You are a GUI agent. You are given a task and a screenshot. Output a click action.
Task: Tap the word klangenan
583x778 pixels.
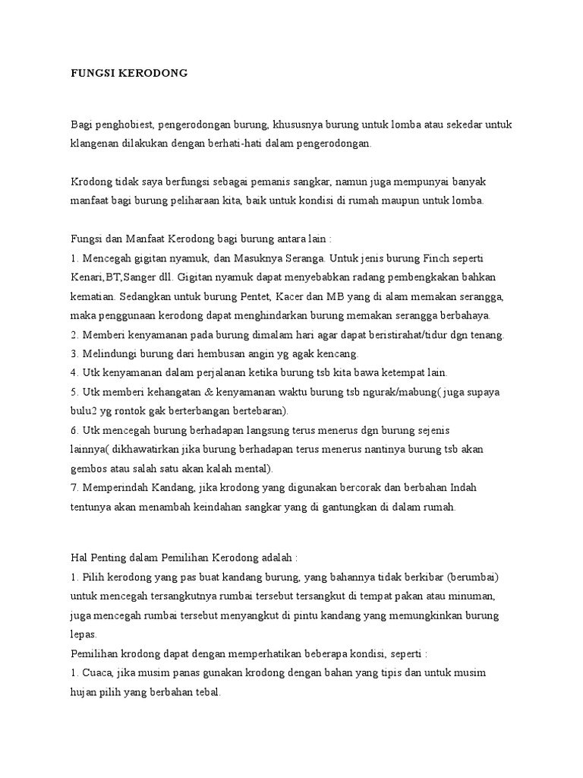coord(94,144)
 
